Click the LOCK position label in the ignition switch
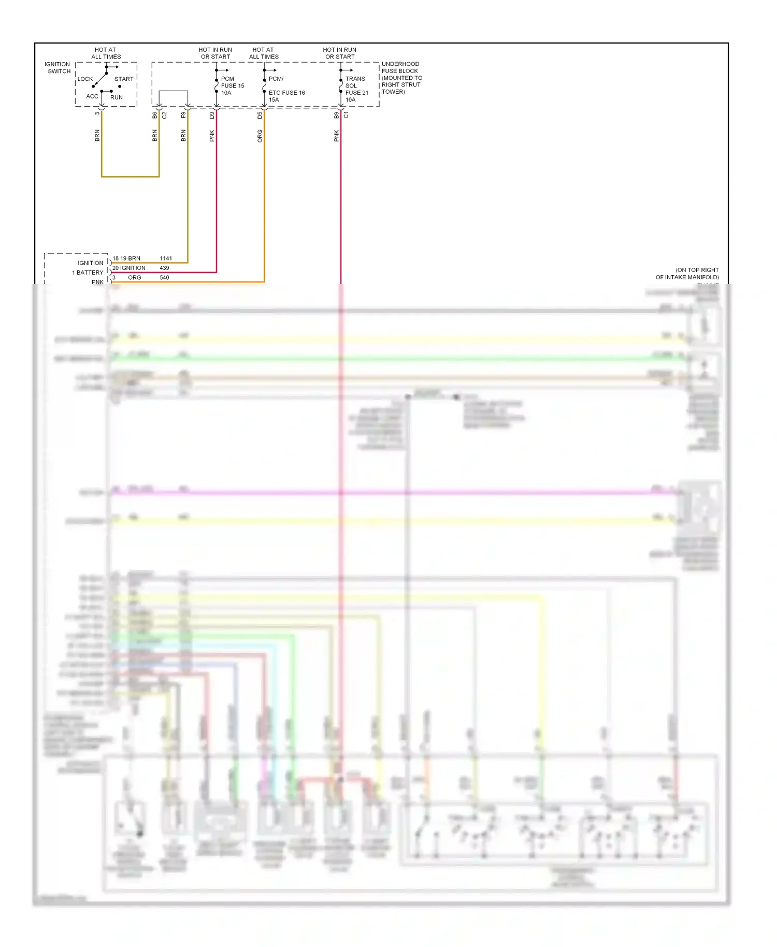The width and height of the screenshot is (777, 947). (x=85, y=79)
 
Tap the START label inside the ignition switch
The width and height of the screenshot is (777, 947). (x=124, y=79)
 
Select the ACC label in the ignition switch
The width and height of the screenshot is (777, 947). (x=92, y=96)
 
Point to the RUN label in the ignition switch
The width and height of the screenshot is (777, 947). (x=117, y=97)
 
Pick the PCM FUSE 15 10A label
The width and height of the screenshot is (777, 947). (x=232, y=86)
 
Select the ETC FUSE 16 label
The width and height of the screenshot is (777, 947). (x=286, y=93)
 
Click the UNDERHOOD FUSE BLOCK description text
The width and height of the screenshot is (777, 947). (x=401, y=78)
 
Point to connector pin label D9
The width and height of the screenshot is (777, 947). (x=212, y=115)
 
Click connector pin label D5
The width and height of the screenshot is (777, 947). (x=260, y=115)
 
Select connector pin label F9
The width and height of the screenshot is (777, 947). (x=183, y=115)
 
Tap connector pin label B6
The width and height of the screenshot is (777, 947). (x=154, y=115)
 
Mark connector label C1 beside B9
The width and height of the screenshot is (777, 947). (x=347, y=115)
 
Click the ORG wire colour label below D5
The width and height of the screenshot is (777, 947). (x=260, y=136)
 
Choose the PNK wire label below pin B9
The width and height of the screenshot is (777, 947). (x=337, y=136)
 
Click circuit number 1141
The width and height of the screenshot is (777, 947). (x=166, y=259)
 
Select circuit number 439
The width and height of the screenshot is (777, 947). (x=164, y=268)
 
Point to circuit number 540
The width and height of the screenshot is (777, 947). (x=164, y=278)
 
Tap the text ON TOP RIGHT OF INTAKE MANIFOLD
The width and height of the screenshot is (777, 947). (x=687, y=274)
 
